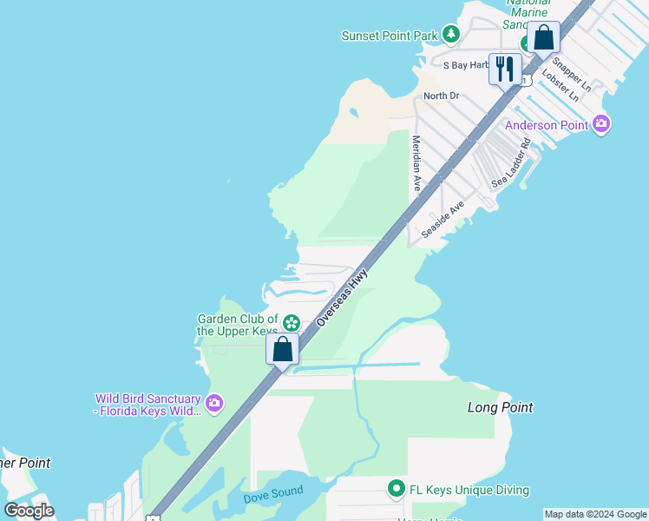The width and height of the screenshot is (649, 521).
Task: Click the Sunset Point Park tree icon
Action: (450, 35)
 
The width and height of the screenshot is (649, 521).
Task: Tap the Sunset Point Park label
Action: (390, 36)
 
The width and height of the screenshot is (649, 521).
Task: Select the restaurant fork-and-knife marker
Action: (505, 69)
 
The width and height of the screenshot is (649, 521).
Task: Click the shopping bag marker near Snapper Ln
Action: (543, 38)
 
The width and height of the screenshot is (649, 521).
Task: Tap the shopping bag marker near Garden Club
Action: (283, 349)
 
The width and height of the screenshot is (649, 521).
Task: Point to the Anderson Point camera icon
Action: (601, 124)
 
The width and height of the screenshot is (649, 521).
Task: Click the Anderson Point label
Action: (547, 125)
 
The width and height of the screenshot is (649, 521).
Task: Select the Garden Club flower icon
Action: (292, 323)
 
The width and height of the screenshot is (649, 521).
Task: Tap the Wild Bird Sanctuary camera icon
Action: (214, 403)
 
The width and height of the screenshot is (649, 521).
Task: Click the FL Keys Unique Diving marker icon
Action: (397, 490)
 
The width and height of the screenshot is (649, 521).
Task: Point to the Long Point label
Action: (500, 407)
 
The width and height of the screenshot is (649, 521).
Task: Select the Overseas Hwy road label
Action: (342, 297)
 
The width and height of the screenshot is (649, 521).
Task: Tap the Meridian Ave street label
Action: (416, 163)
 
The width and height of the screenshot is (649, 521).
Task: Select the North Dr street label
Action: (441, 96)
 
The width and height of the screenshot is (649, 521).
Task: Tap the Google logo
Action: (29, 511)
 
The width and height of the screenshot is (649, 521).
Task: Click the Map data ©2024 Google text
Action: (595, 514)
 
